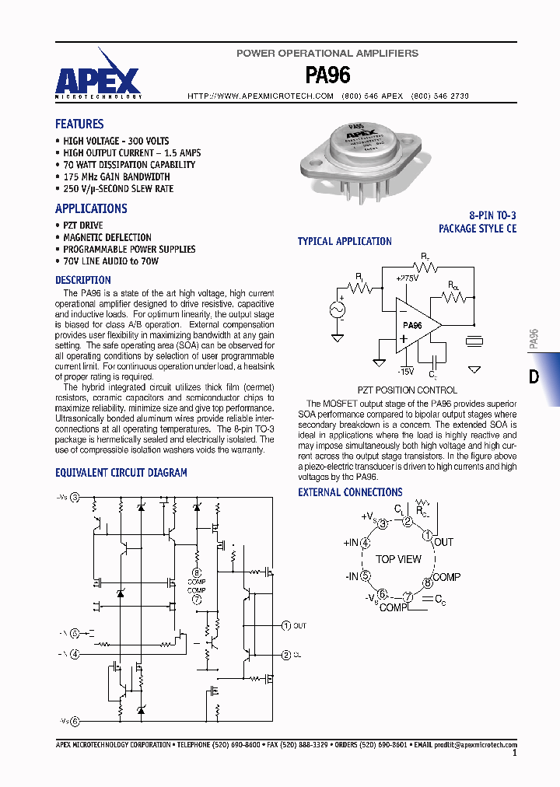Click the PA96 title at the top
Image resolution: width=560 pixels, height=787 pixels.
coord(327,75)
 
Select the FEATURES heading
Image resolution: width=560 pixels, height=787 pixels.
coord(79,124)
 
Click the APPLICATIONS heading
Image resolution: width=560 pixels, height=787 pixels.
coord(91,208)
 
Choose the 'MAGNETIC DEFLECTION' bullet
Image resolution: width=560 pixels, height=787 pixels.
coord(107,237)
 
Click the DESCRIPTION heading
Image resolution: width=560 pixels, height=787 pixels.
coord(82,280)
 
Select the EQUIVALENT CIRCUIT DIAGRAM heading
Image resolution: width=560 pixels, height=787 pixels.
coord(121,472)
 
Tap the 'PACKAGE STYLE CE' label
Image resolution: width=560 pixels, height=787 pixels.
coord(477,229)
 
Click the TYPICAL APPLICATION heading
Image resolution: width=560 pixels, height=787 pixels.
coord(345,242)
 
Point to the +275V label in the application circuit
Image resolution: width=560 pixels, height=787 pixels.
coord(407,278)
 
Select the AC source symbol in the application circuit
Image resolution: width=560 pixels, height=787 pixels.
coord(338,310)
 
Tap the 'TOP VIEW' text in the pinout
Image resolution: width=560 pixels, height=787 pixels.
coord(398,559)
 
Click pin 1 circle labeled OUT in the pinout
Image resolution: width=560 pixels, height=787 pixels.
coord(426,536)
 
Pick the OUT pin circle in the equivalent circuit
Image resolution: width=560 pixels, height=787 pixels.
coord(285,625)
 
